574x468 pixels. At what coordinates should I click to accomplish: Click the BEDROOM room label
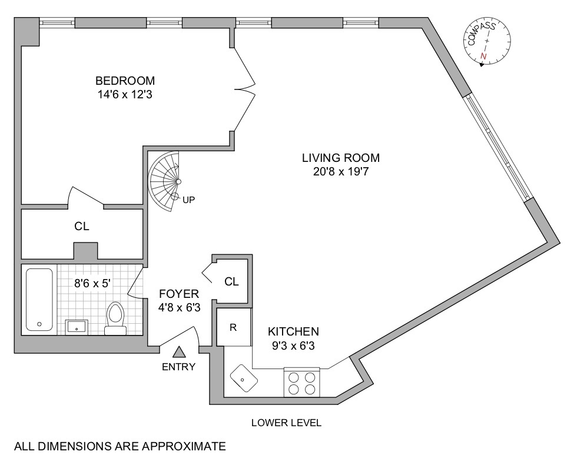coord(125,81)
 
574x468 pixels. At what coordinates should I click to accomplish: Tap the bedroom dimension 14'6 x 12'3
coord(125,94)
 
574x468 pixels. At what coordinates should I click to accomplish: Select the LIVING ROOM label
coord(341,158)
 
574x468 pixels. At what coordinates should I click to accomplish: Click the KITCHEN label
coord(293,331)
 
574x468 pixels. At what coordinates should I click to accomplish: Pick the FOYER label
coord(179,293)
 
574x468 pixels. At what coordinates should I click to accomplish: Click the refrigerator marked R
coord(233,327)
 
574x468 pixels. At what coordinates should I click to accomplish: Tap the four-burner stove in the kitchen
coord(301,383)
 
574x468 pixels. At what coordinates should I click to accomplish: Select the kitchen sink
coord(243,379)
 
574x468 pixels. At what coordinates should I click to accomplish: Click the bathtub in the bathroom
coord(39,300)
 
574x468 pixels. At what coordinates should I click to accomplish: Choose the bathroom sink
coord(77,326)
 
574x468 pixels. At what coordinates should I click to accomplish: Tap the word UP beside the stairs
coord(188,200)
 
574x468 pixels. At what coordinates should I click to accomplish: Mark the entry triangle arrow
coord(180,352)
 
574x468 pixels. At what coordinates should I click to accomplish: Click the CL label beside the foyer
coord(231,281)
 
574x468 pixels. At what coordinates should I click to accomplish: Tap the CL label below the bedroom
coord(82,226)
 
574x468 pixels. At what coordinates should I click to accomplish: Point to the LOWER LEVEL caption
coord(286,423)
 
